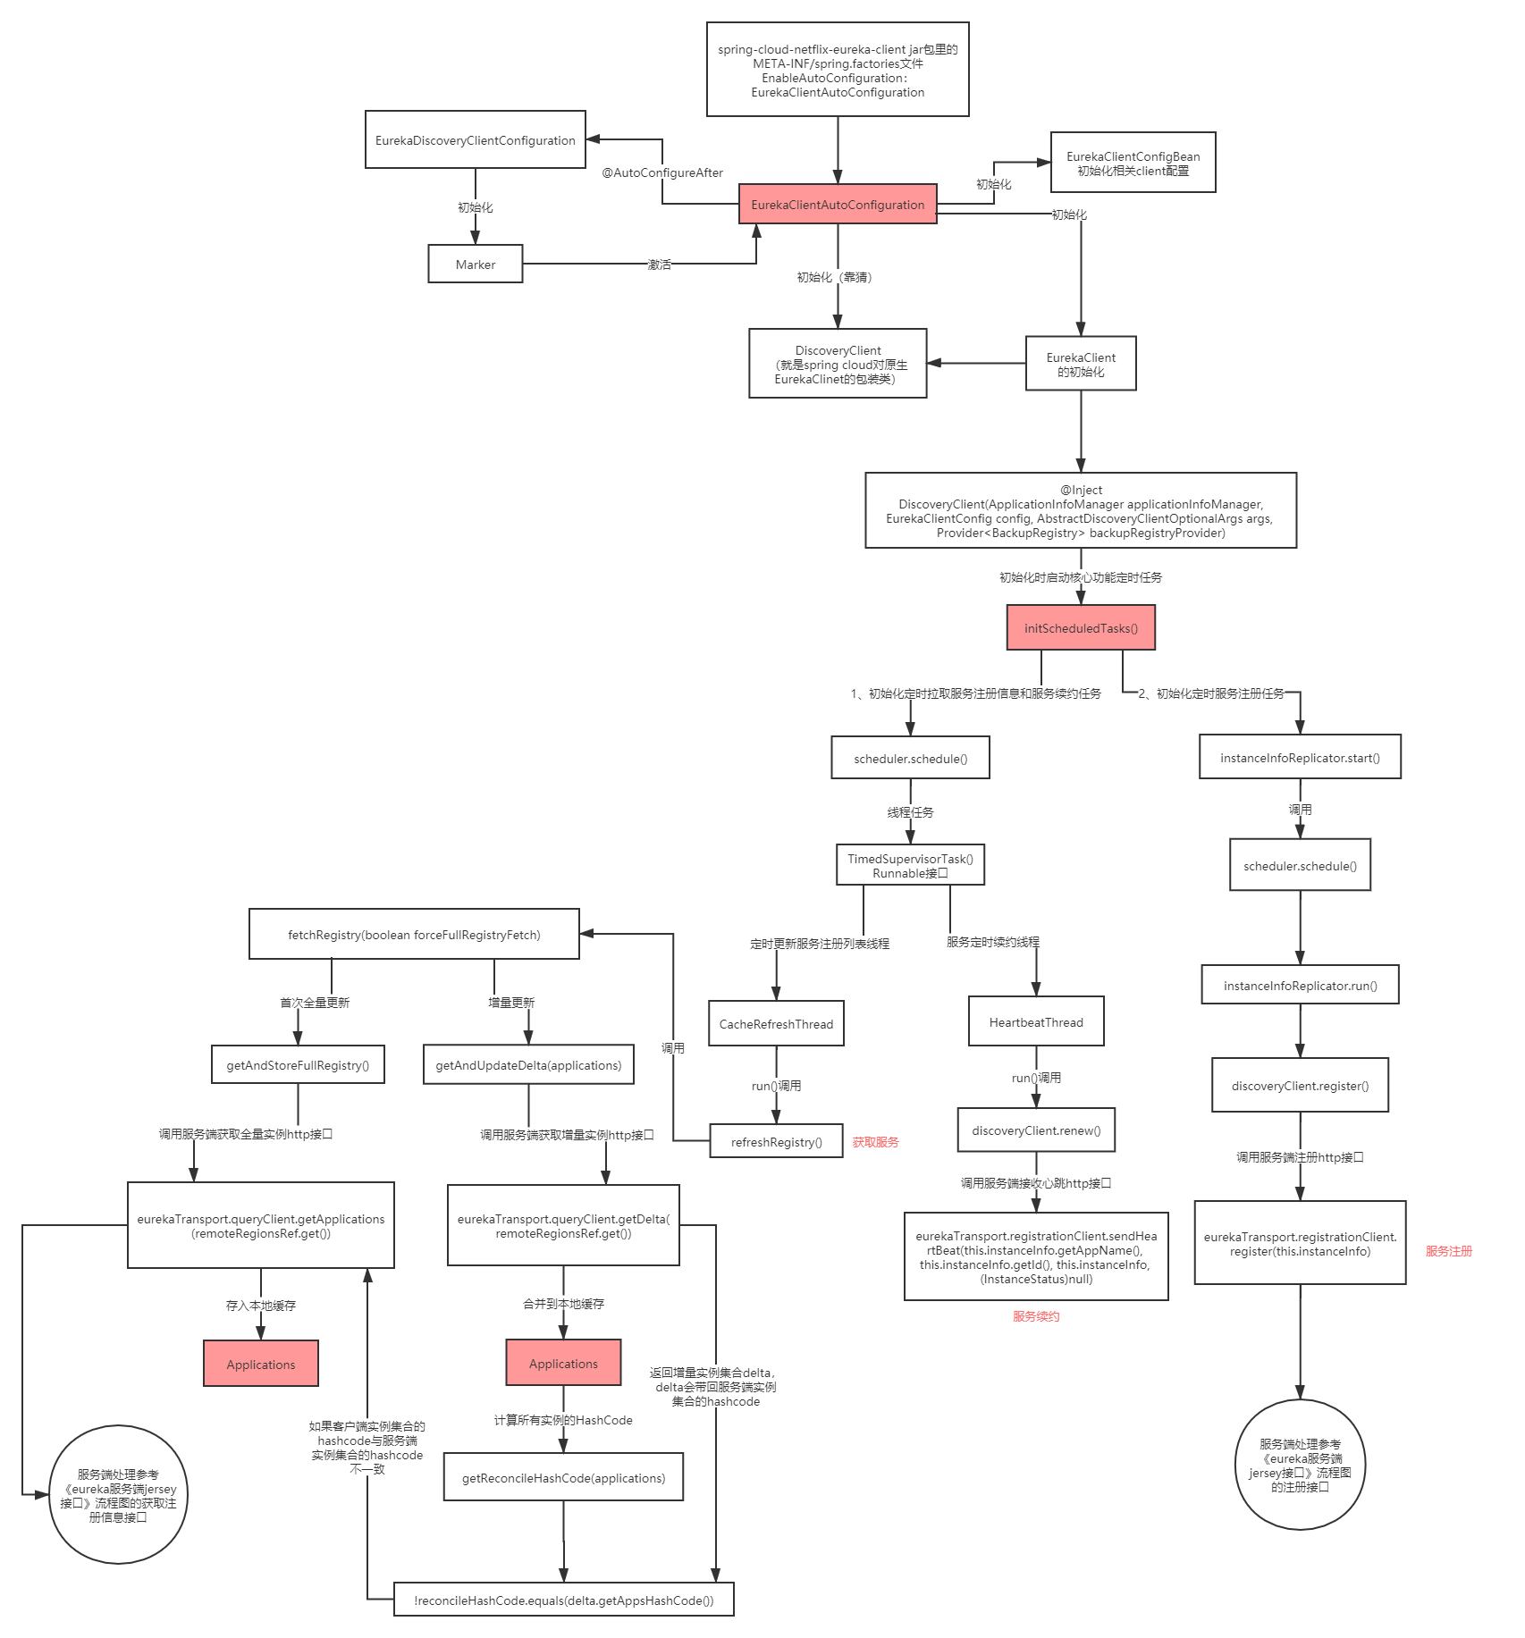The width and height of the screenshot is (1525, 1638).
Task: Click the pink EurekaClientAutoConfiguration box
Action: [838, 205]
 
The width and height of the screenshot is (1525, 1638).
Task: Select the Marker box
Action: [475, 265]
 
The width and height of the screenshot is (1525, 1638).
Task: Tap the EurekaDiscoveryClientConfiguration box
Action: [475, 140]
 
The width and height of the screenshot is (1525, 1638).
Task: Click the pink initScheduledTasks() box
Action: [1081, 628]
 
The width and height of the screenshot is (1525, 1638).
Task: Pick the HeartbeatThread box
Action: [1036, 1022]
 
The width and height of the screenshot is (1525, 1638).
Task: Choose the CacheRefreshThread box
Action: [776, 1024]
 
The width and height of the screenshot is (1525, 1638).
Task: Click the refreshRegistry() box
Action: [776, 1142]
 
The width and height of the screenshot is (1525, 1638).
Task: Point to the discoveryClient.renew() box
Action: [1036, 1130]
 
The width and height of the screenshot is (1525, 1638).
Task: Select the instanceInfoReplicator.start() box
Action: [1300, 758]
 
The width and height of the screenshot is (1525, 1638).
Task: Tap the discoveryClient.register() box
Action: [1300, 1086]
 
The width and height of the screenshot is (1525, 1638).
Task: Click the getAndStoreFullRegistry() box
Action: [298, 1065]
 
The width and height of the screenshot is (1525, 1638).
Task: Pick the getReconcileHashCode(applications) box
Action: [563, 1478]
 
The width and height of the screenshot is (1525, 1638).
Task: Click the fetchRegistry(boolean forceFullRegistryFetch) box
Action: [414, 935]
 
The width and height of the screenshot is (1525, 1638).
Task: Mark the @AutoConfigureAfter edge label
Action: [661, 172]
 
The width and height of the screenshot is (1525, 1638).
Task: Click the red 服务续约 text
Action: [1036, 1316]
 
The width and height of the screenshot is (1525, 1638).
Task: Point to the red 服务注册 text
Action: [1448, 1251]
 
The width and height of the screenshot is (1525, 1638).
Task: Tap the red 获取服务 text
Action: [875, 1142]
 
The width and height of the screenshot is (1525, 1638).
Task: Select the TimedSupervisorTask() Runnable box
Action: [910, 865]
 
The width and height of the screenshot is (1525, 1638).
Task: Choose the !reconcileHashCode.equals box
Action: [563, 1600]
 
